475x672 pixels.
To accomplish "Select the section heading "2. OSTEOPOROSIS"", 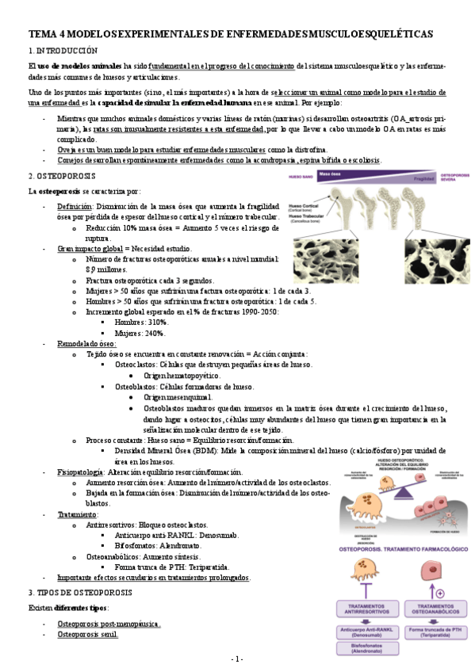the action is point(62,175).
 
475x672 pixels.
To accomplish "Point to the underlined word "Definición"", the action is point(75,206).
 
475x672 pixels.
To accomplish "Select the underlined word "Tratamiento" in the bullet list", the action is point(76,514).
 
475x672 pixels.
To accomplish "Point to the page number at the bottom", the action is point(237,659).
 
